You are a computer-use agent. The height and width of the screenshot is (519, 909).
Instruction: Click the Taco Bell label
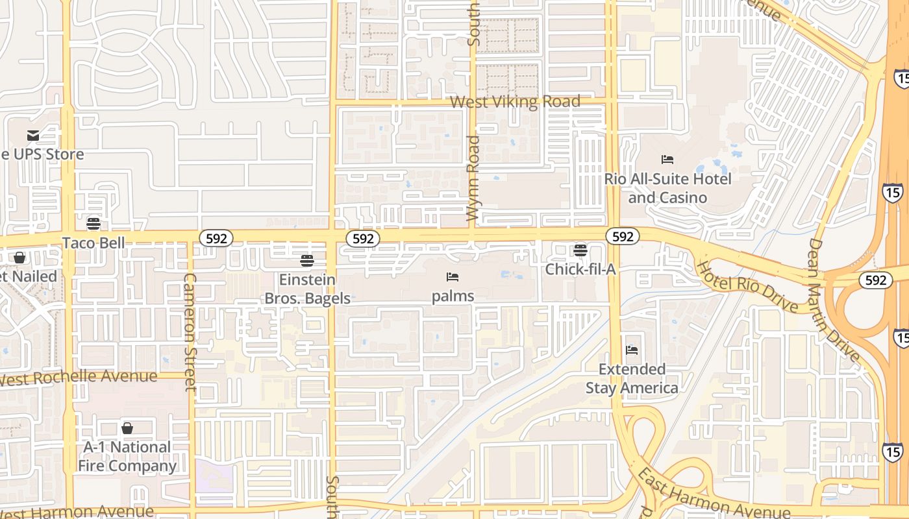(x=93, y=243)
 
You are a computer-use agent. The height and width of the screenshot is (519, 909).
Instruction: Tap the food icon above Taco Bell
(x=93, y=224)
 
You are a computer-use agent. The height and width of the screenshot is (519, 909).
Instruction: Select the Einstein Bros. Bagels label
(x=307, y=289)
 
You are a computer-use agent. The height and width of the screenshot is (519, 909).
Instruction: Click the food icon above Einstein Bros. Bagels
(x=307, y=261)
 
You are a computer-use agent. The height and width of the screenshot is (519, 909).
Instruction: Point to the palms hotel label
(x=453, y=296)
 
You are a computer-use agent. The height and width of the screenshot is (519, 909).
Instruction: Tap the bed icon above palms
(x=453, y=277)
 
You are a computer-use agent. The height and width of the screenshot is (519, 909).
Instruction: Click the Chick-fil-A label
(x=580, y=269)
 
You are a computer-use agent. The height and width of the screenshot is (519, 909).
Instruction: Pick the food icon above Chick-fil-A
(x=580, y=250)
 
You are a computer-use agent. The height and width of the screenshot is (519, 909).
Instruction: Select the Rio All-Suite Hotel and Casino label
(x=667, y=187)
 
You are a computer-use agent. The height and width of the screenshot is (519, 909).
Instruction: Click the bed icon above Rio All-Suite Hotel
(x=667, y=160)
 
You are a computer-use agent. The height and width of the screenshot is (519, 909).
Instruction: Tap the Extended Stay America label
(x=632, y=378)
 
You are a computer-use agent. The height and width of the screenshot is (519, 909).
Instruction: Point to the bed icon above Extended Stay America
(x=632, y=350)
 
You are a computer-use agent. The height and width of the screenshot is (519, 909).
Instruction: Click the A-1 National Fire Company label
(x=127, y=456)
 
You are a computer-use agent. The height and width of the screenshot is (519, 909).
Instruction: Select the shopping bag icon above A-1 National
(x=127, y=428)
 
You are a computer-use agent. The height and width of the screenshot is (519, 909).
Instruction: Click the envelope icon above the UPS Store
(x=32, y=136)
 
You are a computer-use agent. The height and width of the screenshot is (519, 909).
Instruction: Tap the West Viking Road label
(x=515, y=102)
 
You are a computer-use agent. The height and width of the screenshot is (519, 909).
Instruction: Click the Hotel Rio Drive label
(x=747, y=285)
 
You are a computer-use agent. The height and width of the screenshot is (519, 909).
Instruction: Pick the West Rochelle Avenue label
(x=79, y=377)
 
